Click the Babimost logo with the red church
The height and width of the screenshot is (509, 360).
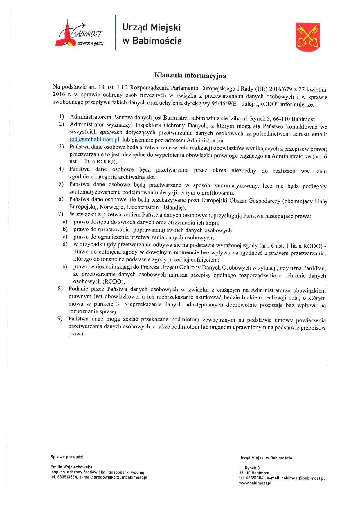pyautogui.click(x=79, y=34)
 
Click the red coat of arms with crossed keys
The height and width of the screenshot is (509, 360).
pyautogui.click(x=308, y=37)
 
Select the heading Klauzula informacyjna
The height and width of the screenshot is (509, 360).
pyautogui.click(x=190, y=76)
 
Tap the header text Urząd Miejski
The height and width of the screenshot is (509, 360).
pyautogui.click(x=151, y=27)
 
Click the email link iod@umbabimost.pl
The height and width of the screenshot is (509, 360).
pyautogui.click(x=94, y=140)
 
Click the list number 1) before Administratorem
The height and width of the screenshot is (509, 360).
pyautogui.click(x=61, y=117)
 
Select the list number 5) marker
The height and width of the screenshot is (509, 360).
pyautogui.click(x=61, y=184)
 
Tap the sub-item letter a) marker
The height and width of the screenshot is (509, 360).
pyautogui.click(x=65, y=222)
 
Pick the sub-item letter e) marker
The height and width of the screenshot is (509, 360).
pyautogui.click(x=65, y=266)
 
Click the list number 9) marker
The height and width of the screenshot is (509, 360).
pyautogui.click(x=60, y=319)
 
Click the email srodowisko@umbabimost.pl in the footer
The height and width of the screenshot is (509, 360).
pyautogui.click(x=120, y=477)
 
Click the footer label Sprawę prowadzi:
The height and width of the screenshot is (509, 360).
pyautogui.click(x=67, y=457)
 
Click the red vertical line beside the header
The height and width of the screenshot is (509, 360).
pyautogui.click(x=116, y=33)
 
